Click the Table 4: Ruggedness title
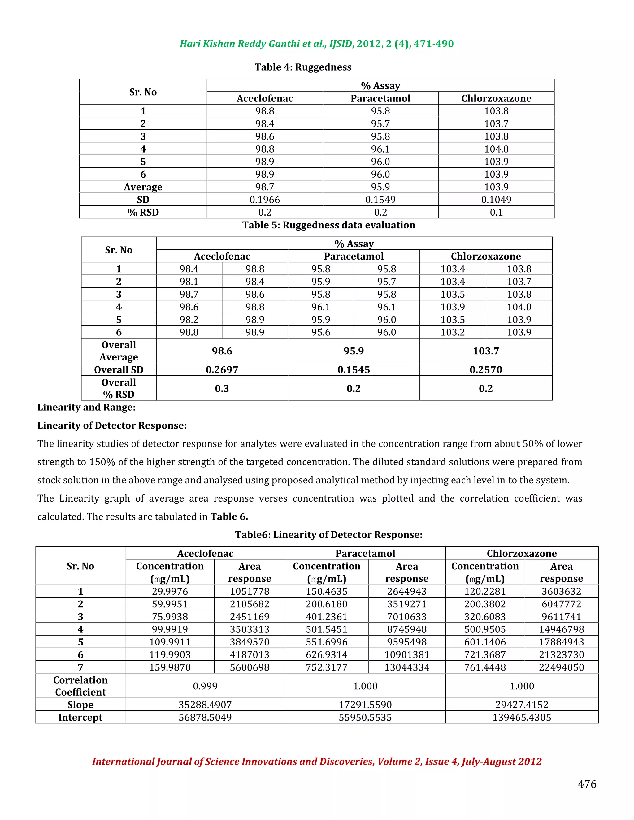pyautogui.click(x=303, y=67)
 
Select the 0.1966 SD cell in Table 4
pyautogui.click(x=265, y=200)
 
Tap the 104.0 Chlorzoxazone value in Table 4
pyautogui.click(x=496, y=149)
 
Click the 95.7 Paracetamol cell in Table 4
pyautogui.click(x=380, y=124)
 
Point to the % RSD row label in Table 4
pyautogui.click(x=143, y=213)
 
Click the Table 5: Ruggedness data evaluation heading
pyautogui.click(x=329, y=225)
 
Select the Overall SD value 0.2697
pyautogui.click(x=222, y=370)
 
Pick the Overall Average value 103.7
pyautogui.click(x=486, y=351)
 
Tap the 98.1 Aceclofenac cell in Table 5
pyautogui.click(x=189, y=282)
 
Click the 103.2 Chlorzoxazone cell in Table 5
pyautogui.click(x=453, y=332)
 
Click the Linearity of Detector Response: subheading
pyautogui.click(x=112, y=426)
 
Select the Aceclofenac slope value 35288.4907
pyautogui.click(x=205, y=705)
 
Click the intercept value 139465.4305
pyautogui.click(x=522, y=718)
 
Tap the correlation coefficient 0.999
pyautogui.click(x=205, y=686)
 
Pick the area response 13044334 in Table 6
pyautogui.click(x=407, y=667)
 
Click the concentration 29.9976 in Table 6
pyautogui.click(x=170, y=592)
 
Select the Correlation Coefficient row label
pyautogui.click(x=80, y=686)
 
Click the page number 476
pyautogui.click(x=587, y=784)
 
